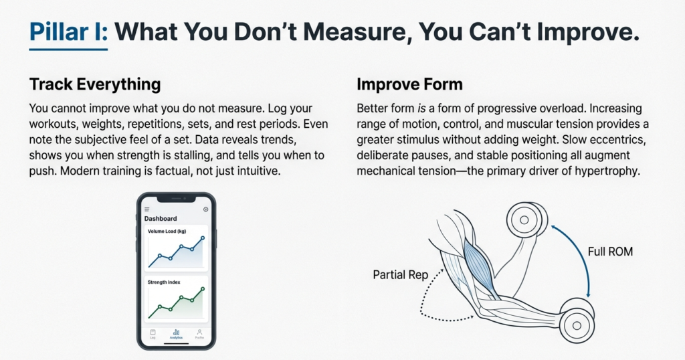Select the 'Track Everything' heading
tap(95, 84)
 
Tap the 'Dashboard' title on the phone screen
tap(161, 218)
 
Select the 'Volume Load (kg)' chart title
tap(167, 232)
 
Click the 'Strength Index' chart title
tap(165, 282)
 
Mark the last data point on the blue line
tap(203, 238)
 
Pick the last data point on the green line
tap(203, 288)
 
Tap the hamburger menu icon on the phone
tap(147, 209)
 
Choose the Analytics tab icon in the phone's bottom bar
tap(176, 332)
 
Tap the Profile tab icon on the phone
tap(199, 332)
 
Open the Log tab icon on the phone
tap(153, 332)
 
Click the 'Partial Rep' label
tap(399, 274)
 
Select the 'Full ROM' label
tap(609, 252)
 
